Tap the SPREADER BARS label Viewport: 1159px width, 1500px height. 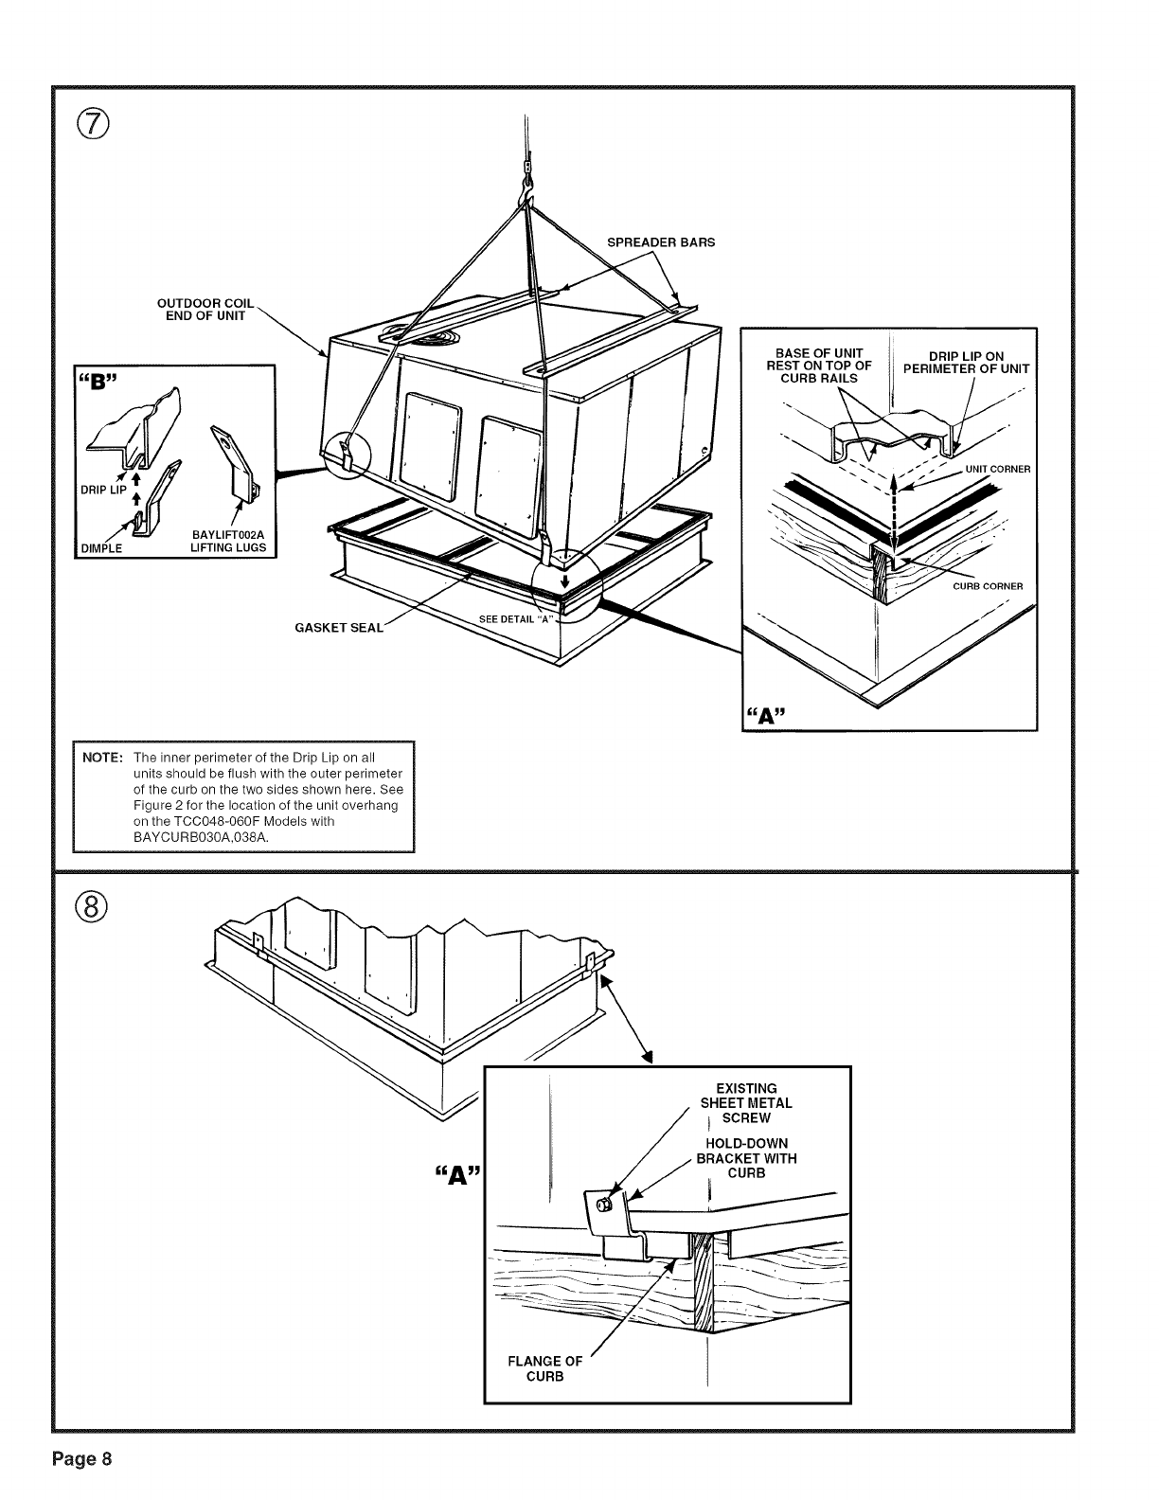tap(661, 241)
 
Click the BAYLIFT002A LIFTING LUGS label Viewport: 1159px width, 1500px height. tap(228, 542)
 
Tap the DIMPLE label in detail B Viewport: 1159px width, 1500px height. tap(101, 548)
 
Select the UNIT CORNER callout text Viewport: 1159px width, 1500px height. tap(997, 469)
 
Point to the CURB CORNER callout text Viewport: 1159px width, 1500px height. tap(988, 586)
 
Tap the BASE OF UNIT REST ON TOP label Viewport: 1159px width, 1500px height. tap(819, 366)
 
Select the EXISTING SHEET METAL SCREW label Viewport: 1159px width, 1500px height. tap(746, 1103)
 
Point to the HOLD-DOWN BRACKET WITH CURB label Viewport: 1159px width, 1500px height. tap(746, 1158)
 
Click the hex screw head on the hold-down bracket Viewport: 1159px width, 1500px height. tap(604, 1205)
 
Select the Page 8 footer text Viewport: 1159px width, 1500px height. tap(82, 1457)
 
